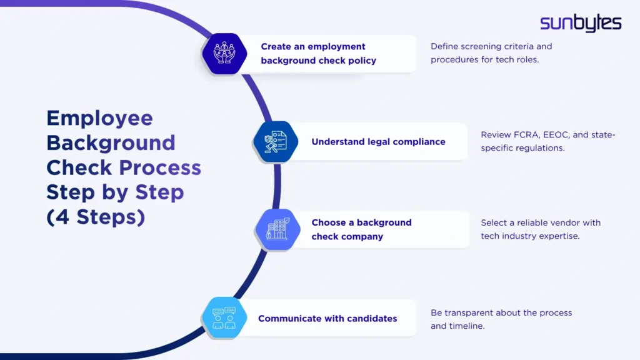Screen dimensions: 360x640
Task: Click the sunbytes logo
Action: click(581, 23)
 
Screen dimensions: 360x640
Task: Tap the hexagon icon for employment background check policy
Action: click(224, 54)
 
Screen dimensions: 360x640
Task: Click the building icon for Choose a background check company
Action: click(278, 230)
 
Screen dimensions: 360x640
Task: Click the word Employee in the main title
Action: click(99, 118)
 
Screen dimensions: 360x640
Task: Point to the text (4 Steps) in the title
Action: click(95, 217)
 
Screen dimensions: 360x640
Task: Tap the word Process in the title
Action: click(160, 167)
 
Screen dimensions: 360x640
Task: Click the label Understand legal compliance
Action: click(378, 142)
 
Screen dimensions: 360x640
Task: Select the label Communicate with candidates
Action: click(327, 319)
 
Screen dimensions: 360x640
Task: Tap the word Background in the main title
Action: click(111, 142)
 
